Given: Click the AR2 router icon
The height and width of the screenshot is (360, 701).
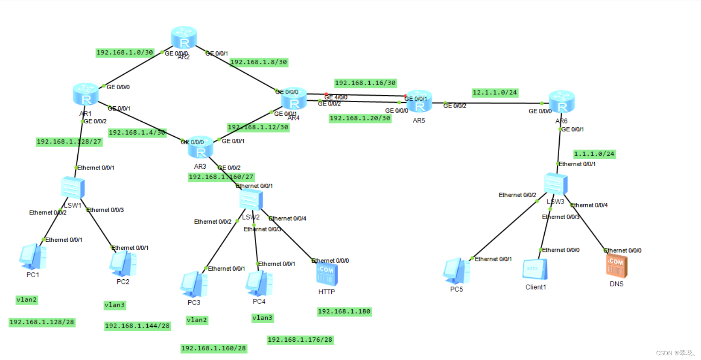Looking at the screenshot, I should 184,38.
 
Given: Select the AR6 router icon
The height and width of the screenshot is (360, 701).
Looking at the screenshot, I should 561,102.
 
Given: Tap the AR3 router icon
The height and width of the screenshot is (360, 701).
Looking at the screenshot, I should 201,147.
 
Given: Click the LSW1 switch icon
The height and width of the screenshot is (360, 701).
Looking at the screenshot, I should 73,187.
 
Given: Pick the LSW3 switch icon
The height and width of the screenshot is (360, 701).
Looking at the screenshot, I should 555,184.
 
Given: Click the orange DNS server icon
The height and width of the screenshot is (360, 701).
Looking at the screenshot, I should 616,266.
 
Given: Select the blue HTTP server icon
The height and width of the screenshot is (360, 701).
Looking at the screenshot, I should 327,274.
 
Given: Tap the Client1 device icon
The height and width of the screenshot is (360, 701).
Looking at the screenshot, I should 535,270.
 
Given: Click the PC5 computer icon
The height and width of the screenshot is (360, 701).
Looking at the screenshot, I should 456,271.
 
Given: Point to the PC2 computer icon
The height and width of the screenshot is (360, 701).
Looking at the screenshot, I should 123,264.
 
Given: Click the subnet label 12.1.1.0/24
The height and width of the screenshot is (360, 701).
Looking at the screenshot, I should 495,93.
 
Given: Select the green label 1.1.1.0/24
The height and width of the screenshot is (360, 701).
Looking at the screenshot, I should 594,154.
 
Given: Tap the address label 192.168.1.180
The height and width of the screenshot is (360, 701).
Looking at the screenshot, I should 344,311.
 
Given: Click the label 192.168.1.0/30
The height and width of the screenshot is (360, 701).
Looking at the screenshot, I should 125,53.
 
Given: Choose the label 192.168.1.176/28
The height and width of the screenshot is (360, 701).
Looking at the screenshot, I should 300,340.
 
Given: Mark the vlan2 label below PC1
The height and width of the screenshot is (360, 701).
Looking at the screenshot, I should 26,300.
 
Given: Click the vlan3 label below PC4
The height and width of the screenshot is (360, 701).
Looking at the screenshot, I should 262,318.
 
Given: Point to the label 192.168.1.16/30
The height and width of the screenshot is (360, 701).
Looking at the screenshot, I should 365,83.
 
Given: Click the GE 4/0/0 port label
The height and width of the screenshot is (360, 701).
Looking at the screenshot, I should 336,97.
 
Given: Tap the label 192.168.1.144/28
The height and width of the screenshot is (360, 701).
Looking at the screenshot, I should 137,326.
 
